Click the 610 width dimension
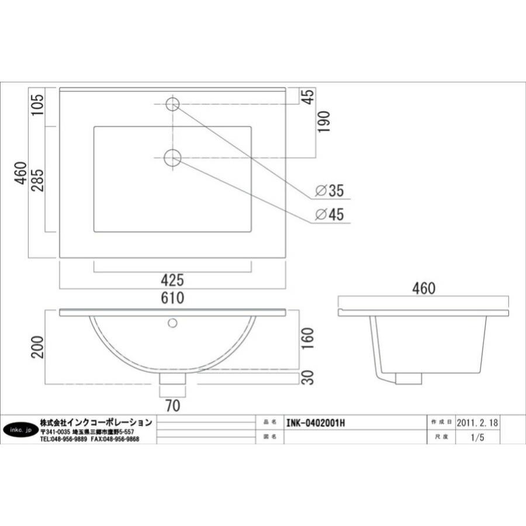pos(172,297)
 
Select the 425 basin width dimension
pos(172,280)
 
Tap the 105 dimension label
pos(37,105)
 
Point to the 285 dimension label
pos(37,180)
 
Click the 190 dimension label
pos(324,122)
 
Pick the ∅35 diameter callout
pos(330,191)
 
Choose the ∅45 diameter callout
pos(330,214)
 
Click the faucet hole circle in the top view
pos(172,104)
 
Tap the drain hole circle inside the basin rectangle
pos(172,157)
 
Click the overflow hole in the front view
pos(172,323)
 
